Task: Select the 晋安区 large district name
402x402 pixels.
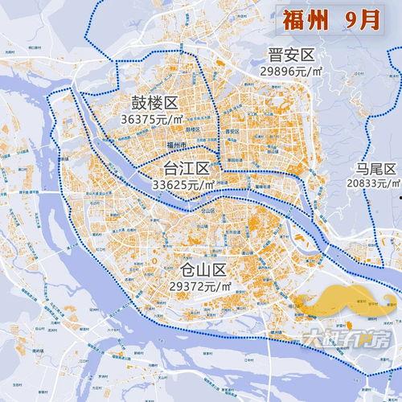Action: (291, 55)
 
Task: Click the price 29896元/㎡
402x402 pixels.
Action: (291, 71)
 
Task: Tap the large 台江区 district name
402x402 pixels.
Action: (186, 169)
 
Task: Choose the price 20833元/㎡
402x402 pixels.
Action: (374, 183)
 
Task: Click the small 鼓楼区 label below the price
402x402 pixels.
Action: (192, 129)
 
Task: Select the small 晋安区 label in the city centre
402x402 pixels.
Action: (233, 131)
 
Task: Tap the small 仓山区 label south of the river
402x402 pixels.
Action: (208, 210)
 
